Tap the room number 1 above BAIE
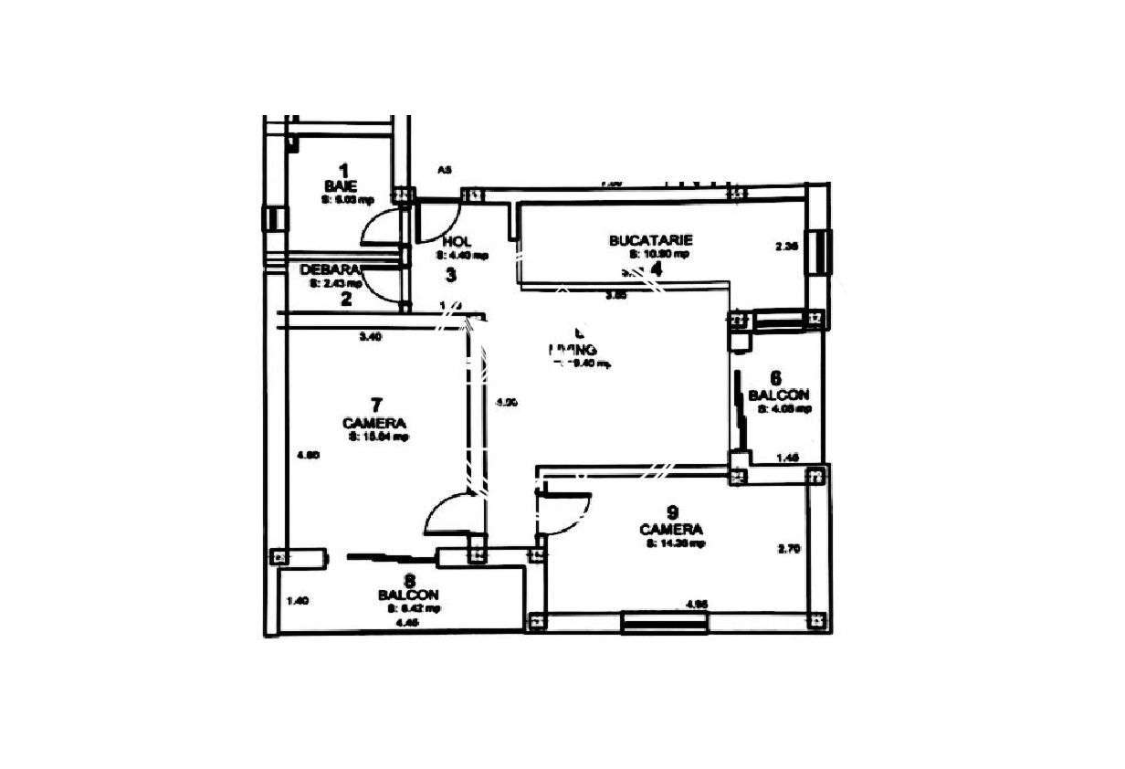343,169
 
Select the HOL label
456,242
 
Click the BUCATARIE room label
650,240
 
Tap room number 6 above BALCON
776,378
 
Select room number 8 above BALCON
410,580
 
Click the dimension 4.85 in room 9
697,604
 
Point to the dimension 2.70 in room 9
788,549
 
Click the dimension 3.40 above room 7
370,337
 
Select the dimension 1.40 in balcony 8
298,600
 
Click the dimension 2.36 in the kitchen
785,246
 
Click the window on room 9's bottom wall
665,623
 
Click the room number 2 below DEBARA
346,297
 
